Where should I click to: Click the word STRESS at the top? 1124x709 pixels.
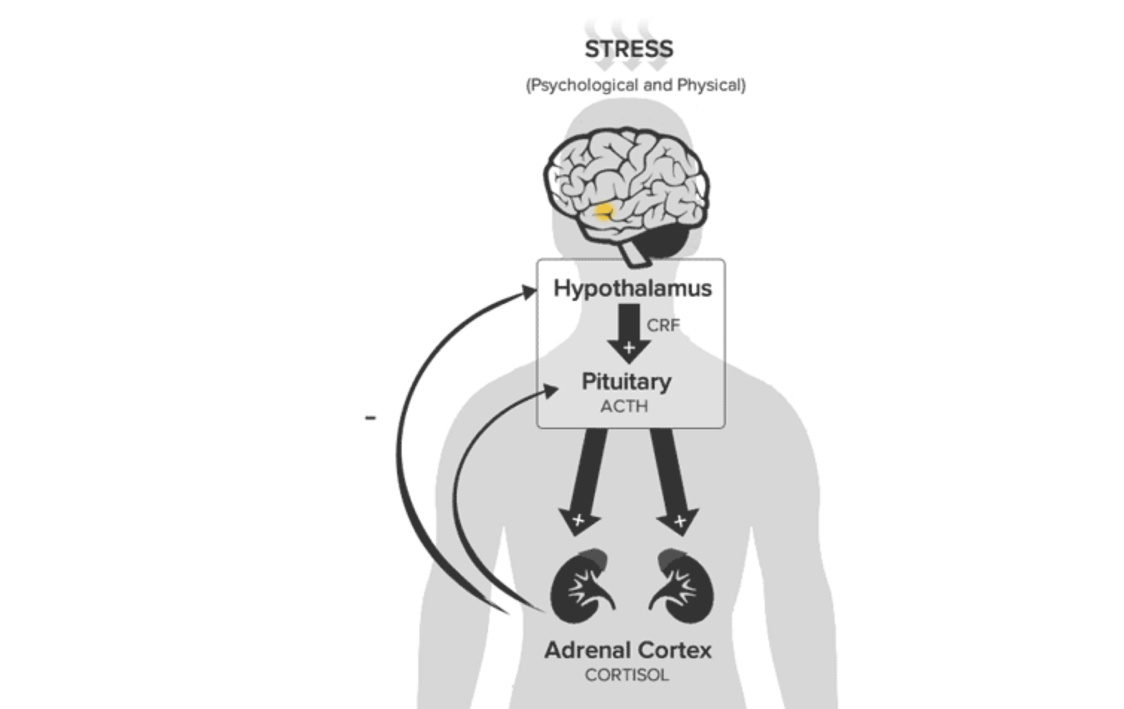coord(629,49)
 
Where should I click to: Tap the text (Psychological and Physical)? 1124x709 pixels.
coord(636,85)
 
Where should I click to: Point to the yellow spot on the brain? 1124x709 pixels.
coord(604,211)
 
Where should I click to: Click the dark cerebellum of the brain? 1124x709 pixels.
coord(662,241)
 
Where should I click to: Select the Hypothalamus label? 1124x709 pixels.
coord(632,288)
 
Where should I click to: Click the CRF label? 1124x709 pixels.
coord(663,325)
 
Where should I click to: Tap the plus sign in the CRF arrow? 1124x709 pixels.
coord(629,348)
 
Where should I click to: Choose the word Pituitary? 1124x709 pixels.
coord(627,382)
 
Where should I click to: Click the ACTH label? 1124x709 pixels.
coord(624,406)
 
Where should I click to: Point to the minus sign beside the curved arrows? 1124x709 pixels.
coord(371,417)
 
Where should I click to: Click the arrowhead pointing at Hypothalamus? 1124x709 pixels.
coord(528,292)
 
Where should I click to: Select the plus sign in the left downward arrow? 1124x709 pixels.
coord(578,520)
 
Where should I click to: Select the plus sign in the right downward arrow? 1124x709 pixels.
coord(680,521)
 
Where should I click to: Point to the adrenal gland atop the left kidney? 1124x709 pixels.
coord(595,558)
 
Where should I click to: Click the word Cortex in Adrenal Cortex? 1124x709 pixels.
coord(672,650)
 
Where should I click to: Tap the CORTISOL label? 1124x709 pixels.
coord(627,675)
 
